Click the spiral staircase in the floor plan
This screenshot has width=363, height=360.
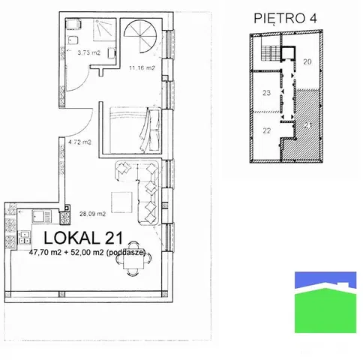[x=139, y=34]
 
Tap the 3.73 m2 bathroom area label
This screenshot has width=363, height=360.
[x=75, y=53]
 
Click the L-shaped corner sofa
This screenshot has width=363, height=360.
[x=139, y=184]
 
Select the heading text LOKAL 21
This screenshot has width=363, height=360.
[x=84, y=238]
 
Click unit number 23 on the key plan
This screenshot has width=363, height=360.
[x=266, y=94]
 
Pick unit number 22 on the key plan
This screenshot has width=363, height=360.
[x=266, y=130]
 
